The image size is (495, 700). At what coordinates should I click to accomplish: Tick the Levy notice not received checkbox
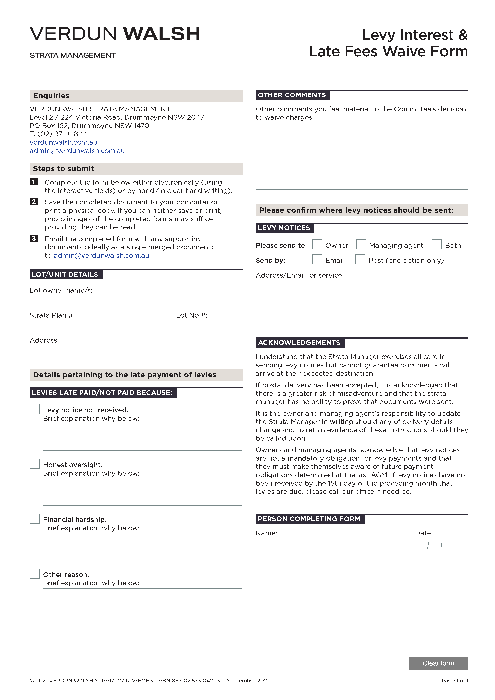(x=35, y=409)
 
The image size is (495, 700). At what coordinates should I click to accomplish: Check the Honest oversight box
(x=35, y=464)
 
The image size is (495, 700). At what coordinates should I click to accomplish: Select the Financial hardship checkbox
(x=35, y=519)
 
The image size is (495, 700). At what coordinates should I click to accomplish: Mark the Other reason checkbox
(x=35, y=574)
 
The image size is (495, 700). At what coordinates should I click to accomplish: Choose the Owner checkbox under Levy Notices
(x=317, y=244)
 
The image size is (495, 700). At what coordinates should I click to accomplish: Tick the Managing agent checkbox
(x=361, y=244)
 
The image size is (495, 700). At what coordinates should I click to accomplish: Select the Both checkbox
(x=436, y=244)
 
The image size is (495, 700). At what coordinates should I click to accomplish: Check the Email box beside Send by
(x=317, y=259)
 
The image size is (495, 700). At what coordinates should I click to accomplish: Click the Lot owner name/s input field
(x=136, y=302)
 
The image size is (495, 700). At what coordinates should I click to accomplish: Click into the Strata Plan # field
(x=103, y=327)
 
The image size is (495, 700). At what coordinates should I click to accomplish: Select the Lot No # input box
(x=209, y=327)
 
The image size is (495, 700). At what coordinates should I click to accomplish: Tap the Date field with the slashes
(x=441, y=545)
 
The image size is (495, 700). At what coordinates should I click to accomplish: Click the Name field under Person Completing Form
(x=335, y=545)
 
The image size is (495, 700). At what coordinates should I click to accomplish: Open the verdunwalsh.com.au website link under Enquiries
(x=63, y=142)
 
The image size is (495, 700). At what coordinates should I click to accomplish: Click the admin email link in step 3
(x=101, y=255)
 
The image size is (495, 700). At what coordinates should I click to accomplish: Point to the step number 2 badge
(x=34, y=202)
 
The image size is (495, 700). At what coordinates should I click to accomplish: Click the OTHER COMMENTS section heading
(x=292, y=95)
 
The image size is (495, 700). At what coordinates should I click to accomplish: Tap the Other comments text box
(x=362, y=156)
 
